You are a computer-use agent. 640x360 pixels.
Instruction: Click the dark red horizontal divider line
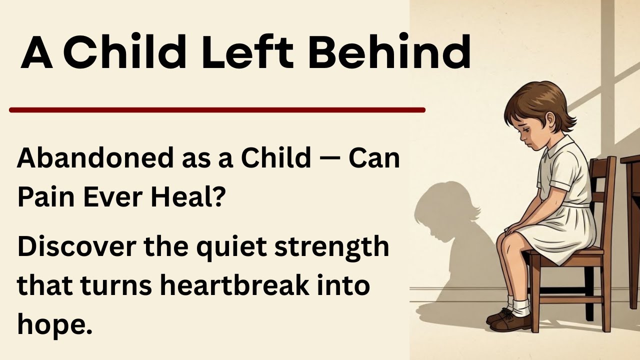click(x=217, y=110)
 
